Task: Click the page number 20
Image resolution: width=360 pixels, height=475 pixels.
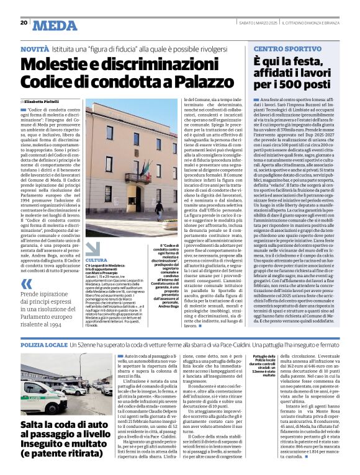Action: coord(24,23)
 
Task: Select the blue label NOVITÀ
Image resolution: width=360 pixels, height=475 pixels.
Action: coord(35,47)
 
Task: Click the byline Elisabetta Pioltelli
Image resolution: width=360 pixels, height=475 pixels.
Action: coord(44,102)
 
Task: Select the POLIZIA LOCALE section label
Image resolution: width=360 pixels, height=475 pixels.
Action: coord(44,343)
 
